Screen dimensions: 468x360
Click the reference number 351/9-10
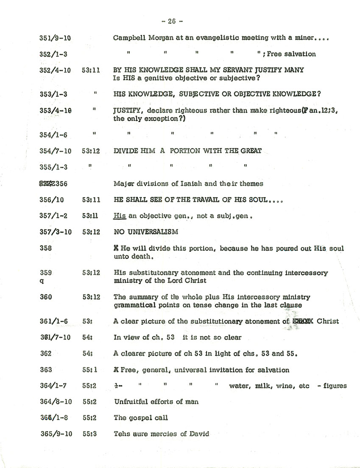point(55,38)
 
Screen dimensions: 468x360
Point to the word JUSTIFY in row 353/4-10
point(127,110)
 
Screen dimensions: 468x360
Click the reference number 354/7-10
point(55,151)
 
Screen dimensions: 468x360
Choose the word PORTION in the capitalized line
point(184,151)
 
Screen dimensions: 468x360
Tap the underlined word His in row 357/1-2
point(120,216)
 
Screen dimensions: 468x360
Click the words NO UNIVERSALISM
point(146,232)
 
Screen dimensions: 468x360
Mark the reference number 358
point(45,248)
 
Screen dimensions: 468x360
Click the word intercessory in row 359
point(306,273)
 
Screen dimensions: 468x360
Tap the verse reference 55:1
point(90,370)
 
